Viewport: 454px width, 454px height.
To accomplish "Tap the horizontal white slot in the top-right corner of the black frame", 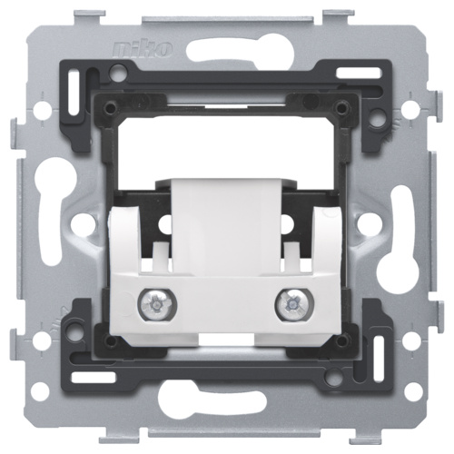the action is [x=359, y=73].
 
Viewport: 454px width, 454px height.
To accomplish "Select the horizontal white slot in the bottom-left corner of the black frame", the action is [x=94, y=376].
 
